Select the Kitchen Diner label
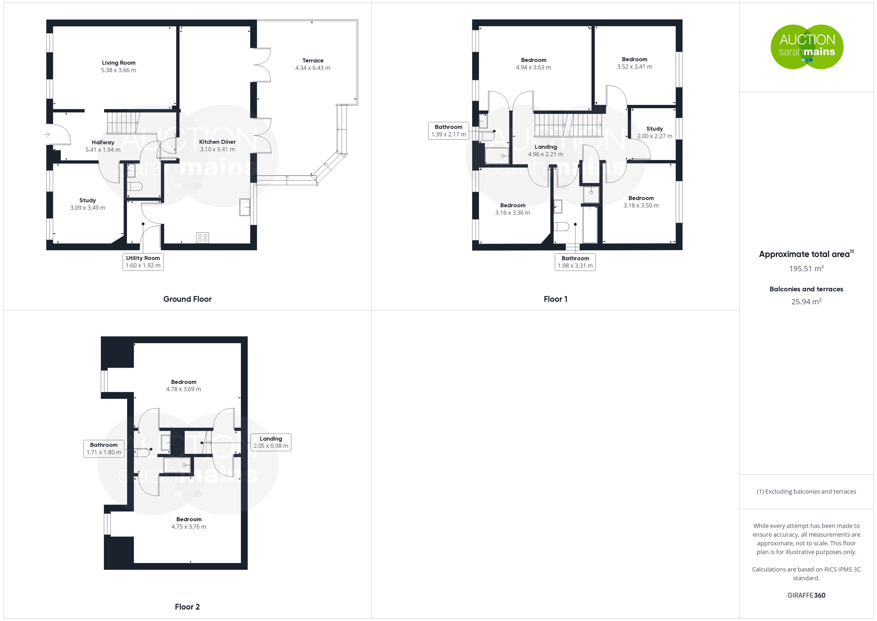217,142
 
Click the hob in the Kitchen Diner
202,237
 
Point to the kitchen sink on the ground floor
244,207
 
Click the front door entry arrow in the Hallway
47,134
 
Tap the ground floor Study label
88,200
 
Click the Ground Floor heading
187,299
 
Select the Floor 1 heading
555,299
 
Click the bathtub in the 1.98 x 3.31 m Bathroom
590,224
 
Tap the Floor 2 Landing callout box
271,442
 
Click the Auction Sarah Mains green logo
807,47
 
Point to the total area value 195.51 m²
806,268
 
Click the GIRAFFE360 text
806,595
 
